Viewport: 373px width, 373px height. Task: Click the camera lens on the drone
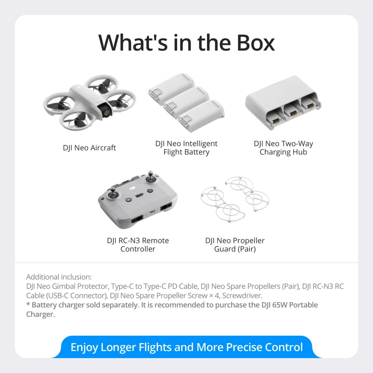click(x=107, y=111)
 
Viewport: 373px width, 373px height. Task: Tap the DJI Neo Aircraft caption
click(x=89, y=148)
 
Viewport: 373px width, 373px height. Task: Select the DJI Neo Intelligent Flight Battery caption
click(x=186, y=148)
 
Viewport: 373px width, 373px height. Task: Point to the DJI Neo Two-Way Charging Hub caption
click(x=283, y=148)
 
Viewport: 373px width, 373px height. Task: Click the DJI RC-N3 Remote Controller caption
click(x=138, y=245)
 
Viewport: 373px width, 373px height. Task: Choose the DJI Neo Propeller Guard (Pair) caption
click(x=235, y=245)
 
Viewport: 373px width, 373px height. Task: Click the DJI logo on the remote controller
click(x=132, y=188)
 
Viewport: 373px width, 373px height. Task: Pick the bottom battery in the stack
click(x=201, y=116)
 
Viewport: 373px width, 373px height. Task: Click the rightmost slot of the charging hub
click(x=310, y=105)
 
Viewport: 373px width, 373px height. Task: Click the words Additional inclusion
click(x=59, y=277)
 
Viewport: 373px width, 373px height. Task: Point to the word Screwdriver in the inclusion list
click(x=242, y=296)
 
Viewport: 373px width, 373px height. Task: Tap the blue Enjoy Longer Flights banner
click(x=186, y=347)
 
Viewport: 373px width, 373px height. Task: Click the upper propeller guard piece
click(x=247, y=194)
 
